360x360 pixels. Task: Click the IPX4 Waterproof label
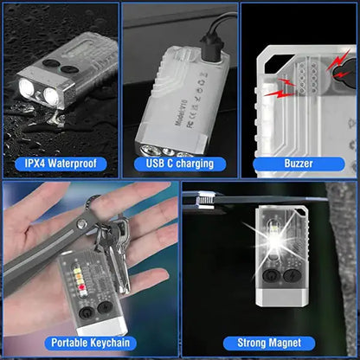coord(61,163)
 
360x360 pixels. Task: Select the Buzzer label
coord(299,163)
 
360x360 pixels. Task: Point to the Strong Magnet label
coord(269,343)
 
